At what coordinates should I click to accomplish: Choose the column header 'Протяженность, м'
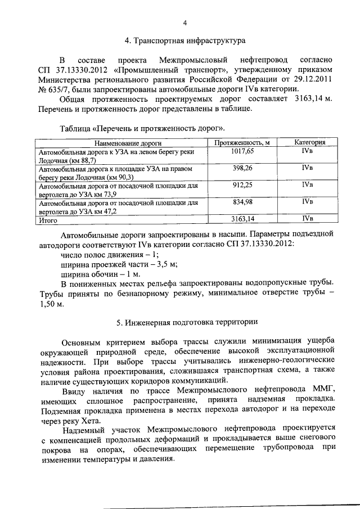pyautogui.click(x=242, y=143)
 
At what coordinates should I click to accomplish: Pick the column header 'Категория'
pyautogui.click(x=308, y=143)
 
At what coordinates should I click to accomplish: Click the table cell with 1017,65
pyautogui.click(x=242, y=151)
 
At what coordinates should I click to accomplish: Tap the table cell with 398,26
pyautogui.click(x=242, y=168)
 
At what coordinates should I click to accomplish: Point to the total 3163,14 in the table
pyautogui.click(x=242, y=218)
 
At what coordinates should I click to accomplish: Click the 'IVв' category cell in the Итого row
pyautogui.click(x=307, y=218)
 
